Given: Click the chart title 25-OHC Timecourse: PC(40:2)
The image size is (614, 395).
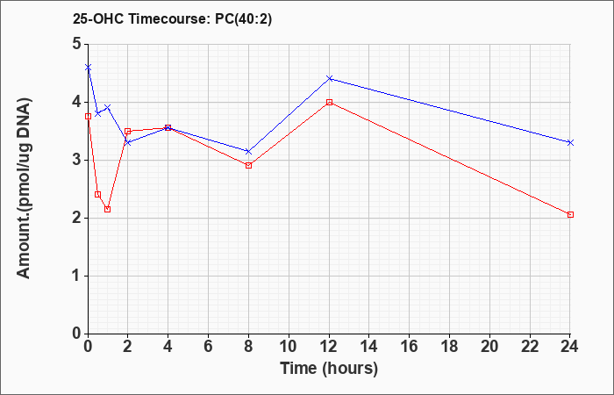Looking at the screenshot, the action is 172,18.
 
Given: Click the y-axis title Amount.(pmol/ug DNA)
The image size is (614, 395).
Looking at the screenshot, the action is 24,189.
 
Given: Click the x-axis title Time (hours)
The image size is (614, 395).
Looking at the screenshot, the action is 329,369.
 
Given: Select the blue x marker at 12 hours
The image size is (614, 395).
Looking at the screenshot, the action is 329,78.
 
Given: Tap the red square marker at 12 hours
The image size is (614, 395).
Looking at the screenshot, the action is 329,103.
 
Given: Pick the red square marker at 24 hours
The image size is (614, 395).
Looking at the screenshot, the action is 570,215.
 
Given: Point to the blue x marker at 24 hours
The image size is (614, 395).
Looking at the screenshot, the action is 570,142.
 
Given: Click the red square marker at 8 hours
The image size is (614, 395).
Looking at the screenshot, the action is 248,165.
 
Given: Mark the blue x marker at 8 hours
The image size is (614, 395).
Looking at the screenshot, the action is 248,151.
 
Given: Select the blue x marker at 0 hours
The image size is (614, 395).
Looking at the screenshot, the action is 88,68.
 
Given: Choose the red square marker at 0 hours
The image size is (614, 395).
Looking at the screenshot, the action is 88,117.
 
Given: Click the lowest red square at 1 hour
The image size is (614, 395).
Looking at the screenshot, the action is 108,209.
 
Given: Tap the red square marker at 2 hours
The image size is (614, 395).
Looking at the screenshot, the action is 128,131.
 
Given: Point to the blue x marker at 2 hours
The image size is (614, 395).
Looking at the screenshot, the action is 128,142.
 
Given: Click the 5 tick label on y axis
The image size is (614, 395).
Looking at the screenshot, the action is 77,44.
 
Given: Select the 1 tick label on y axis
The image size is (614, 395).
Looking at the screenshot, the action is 77,276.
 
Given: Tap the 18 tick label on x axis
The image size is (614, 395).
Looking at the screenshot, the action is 449,347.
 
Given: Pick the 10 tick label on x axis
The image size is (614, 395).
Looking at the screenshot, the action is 289,347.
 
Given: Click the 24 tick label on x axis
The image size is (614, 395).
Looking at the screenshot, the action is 570,347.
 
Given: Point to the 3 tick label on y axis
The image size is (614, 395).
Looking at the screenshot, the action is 77,161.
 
